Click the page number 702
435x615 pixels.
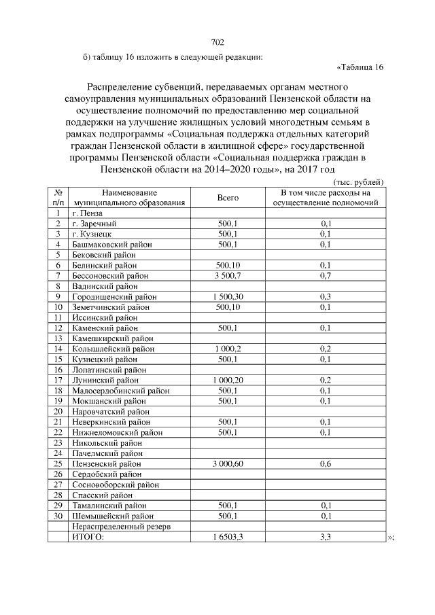point(217,43)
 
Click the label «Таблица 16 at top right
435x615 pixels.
point(360,67)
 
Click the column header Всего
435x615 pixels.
point(228,197)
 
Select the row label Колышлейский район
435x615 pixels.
point(114,349)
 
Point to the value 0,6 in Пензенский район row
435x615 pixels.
point(326,463)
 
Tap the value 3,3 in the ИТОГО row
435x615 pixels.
point(326,537)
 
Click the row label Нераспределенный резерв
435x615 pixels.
point(121,527)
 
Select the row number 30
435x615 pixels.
point(58,516)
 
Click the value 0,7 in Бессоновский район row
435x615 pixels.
point(326,275)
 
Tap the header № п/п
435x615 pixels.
point(58,197)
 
